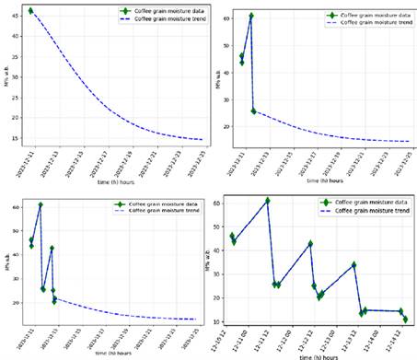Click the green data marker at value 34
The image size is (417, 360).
pos(353,264)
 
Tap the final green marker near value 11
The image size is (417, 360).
pos(405,319)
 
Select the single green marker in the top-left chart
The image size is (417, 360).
pos(30,11)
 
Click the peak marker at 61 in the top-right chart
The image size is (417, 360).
pos(250,16)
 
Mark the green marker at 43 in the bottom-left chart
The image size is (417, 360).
pos(52,248)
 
